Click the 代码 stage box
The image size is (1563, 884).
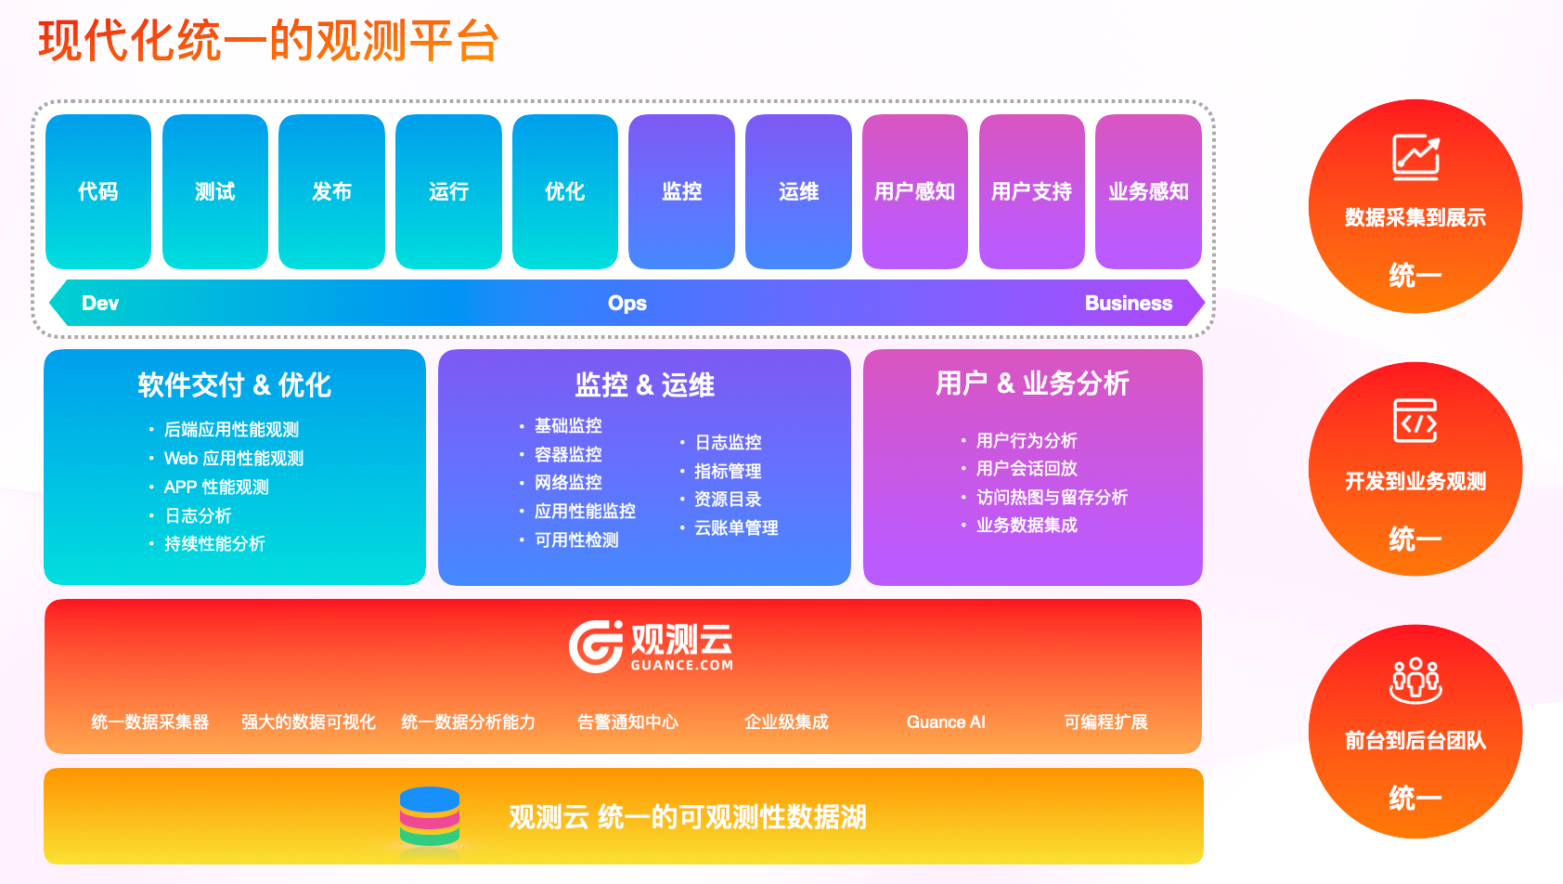pos(98,191)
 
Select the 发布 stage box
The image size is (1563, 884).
pos(331,191)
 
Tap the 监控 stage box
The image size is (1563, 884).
pos(681,191)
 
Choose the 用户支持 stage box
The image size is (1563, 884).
pos(1032,191)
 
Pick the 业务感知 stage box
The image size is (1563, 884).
pos(1148,191)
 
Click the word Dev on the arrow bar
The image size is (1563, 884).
pos(100,303)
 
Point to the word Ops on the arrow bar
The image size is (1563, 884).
pos(627,303)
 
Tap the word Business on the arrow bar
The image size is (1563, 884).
pos(1129,303)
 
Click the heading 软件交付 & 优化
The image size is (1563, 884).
pos(235,384)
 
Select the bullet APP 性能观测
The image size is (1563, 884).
pos(216,487)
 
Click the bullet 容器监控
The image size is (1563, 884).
pos(568,455)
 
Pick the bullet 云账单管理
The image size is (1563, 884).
pos(736,527)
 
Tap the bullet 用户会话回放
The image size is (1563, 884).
pos(1027,469)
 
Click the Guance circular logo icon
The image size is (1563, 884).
pos(596,646)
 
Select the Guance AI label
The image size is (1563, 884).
pos(946,722)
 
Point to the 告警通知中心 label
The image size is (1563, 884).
pos(627,722)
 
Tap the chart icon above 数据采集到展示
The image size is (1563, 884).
pos(1415,157)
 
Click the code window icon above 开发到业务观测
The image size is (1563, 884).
pos(1415,421)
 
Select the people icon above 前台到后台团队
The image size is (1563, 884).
pos(1415,680)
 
